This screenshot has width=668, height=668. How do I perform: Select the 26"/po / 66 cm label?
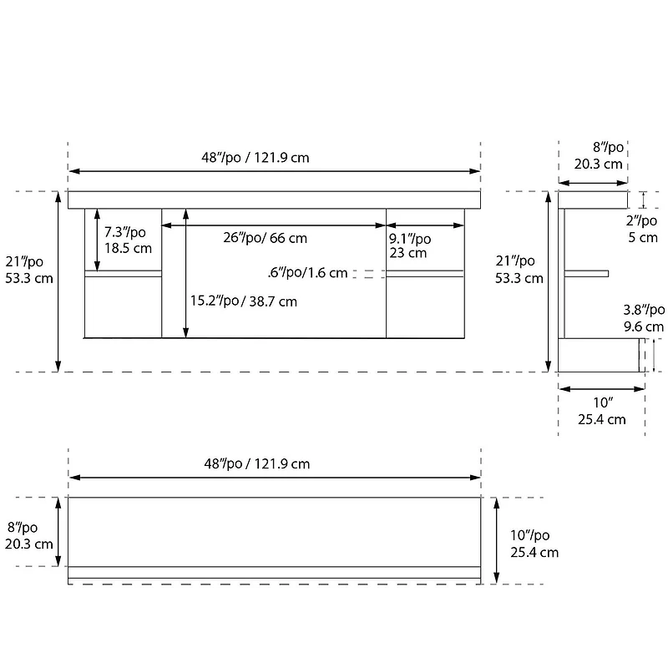(x=265, y=238)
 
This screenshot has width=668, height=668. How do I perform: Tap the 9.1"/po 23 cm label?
(x=410, y=245)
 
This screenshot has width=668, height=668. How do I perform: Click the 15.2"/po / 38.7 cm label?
(x=243, y=301)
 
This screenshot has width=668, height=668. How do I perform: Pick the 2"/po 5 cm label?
(x=642, y=229)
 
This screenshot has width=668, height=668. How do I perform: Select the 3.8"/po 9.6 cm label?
(x=644, y=318)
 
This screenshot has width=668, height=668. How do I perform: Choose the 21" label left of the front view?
(x=28, y=269)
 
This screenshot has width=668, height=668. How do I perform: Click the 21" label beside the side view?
(x=519, y=269)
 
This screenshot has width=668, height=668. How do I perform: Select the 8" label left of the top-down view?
(x=28, y=535)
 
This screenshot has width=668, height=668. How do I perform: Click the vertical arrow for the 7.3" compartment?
(x=97, y=240)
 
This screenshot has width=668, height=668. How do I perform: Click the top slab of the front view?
(x=275, y=200)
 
